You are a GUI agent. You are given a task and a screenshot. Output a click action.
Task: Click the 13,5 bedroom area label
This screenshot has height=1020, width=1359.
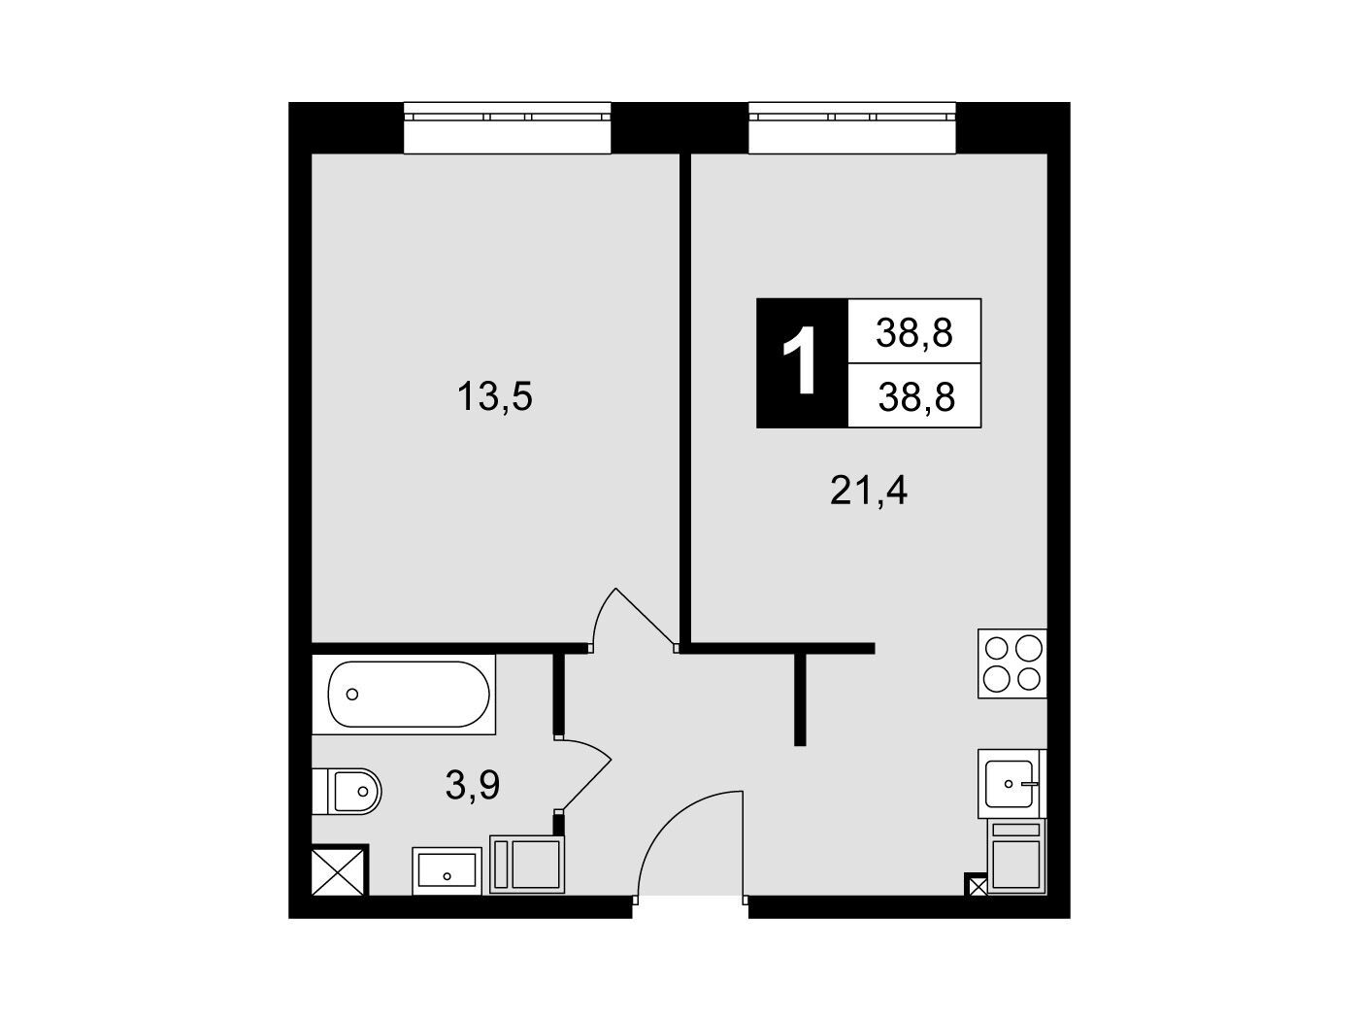click(x=495, y=396)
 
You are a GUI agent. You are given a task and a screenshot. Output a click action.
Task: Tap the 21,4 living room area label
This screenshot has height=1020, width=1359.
click(x=868, y=492)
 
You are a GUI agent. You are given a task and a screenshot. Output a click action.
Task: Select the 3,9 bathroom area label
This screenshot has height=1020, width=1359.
click(x=473, y=785)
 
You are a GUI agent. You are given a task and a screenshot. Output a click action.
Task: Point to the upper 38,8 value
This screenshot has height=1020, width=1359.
click(x=913, y=333)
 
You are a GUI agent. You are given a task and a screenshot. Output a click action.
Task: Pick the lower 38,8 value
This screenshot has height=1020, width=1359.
click(x=916, y=396)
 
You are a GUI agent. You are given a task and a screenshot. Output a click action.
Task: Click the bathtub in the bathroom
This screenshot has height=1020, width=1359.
click(x=403, y=695)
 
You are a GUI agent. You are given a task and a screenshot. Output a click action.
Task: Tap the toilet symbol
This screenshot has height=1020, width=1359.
click(x=347, y=791)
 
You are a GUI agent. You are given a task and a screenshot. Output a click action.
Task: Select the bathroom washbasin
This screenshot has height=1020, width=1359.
click(x=447, y=870)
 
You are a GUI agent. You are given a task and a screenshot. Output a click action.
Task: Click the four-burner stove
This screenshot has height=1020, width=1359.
click(x=1012, y=663)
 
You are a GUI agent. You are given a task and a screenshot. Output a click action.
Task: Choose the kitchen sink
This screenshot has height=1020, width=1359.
click(x=1012, y=783)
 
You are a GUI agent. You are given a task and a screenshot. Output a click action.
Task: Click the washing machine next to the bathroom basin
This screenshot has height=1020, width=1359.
click(x=527, y=864)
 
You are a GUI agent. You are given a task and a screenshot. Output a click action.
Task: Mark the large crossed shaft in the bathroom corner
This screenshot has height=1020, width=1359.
click(x=340, y=870)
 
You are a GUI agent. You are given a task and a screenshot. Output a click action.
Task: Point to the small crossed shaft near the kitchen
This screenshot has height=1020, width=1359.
click(x=977, y=884)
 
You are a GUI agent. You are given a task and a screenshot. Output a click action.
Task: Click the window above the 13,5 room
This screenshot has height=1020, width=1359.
click(x=507, y=127)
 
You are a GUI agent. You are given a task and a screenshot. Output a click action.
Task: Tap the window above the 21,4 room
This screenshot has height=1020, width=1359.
click(x=852, y=127)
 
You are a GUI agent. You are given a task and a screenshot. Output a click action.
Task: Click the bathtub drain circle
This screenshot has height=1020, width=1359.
click(x=352, y=695)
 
